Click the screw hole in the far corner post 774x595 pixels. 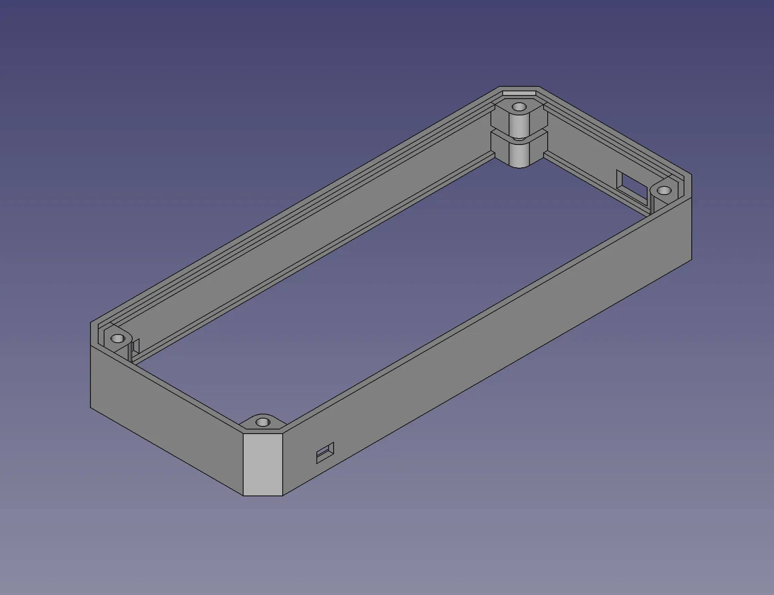[x=519, y=107]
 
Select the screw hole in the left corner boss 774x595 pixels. [x=118, y=338]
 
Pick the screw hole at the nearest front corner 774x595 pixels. [x=262, y=422]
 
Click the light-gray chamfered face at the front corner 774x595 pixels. [x=263, y=464]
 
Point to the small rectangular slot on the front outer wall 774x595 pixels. [x=325, y=453]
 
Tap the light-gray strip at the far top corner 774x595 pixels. [x=519, y=93]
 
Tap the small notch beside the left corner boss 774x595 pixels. [x=135, y=347]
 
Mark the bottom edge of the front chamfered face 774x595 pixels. [x=263, y=495]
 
